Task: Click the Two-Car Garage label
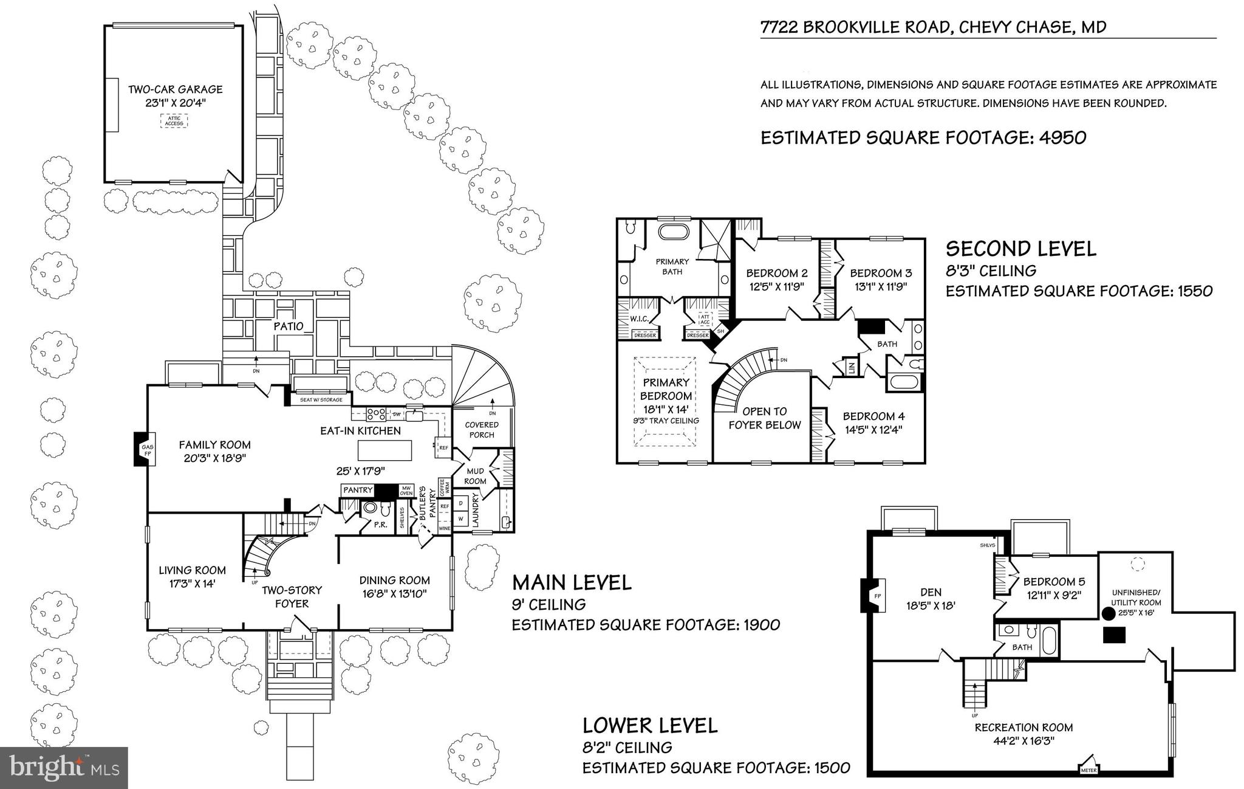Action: pos(175,89)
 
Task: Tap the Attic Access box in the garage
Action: pos(174,120)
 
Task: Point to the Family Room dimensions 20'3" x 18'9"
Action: pos(214,458)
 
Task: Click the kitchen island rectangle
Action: pos(384,450)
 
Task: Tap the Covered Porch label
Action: pos(482,429)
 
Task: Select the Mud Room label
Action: pos(475,476)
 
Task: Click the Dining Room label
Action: pos(394,581)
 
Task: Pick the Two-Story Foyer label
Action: pos(292,596)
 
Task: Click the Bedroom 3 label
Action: pos(881,273)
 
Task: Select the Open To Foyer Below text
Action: pos(764,418)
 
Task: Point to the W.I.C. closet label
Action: pos(640,319)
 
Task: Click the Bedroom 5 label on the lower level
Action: pos(1053,582)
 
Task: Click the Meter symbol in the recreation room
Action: pos(1088,767)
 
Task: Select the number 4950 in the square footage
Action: pos(1062,137)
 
